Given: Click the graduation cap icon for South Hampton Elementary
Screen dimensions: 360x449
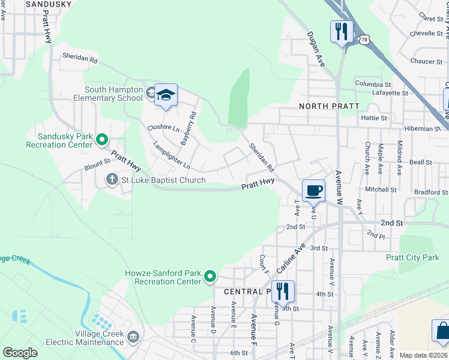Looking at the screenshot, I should pyautogui.click(x=166, y=95).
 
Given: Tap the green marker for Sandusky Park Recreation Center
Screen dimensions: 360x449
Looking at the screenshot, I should pyautogui.click(x=101, y=140).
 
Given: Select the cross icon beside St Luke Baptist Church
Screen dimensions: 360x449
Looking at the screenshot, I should pyautogui.click(x=112, y=179).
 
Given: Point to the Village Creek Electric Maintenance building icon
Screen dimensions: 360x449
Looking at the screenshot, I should pyautogui.click(x=133, y=334).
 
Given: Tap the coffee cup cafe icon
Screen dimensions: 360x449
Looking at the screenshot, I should pyautogui.click(x=313, y=191).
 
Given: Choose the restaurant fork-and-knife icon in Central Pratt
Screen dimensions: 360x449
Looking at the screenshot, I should pyautogui.click(x=283, y=292).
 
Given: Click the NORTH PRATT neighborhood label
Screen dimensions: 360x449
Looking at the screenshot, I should pyautogui.click(x=329, y=106).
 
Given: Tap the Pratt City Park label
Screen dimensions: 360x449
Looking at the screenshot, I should pyautogui.click(x=413, y=257).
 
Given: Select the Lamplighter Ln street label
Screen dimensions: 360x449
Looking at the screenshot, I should pyautogui.click(x=171, y=154).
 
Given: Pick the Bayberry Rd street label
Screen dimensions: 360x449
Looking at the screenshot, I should pyautogui.click(x=187, y=128).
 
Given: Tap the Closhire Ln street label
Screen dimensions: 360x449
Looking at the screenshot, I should pyautogui.click(x=163, y=128).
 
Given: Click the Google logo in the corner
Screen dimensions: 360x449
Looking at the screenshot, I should pyautogui.click(x=20, y=352).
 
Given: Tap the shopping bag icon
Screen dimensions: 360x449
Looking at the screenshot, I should pyautogui.click(x=442, y=331).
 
